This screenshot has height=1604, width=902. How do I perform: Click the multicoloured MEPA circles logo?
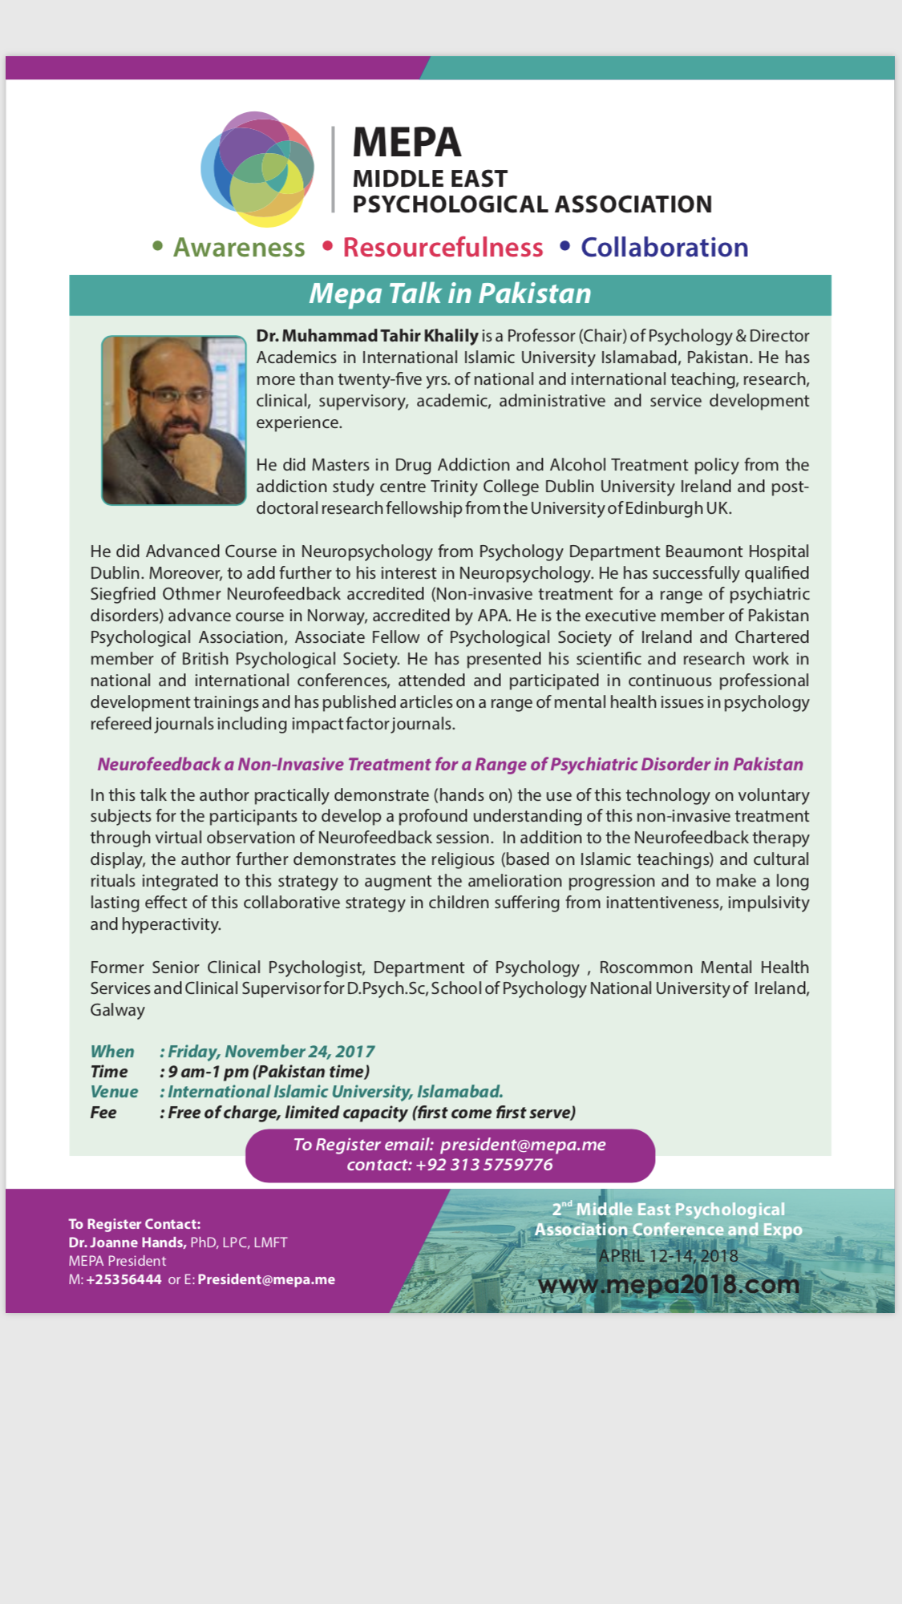click(x=257, y=168)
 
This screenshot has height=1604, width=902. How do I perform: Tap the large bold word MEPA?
click(x=407, y=143)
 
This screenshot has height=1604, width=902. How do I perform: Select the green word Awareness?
click(x=239, y=248)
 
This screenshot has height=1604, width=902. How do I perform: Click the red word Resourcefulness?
click(x=443, y=248)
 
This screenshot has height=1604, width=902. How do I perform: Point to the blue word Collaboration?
click(x=664, y=248)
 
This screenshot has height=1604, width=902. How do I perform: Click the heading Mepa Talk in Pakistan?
click(x=450, y=294)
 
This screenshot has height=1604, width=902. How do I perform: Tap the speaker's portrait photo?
click(x=174, y=420)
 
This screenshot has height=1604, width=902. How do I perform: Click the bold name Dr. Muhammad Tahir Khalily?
click(x=367, y=336)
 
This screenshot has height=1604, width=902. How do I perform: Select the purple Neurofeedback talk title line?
click(x=450, y=764)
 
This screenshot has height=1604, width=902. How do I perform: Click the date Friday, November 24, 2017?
click(x=271, y=1052)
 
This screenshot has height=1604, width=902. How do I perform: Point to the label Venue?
click(x=114, y=1092)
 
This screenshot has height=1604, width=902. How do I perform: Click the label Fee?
click(x=103, y=1113)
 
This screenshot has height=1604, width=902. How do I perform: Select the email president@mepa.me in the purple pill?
click(x=523, y=1145)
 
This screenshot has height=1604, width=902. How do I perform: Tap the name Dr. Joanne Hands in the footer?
click(x=127, y=1242)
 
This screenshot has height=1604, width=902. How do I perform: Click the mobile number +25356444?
click(x=123, y=1279)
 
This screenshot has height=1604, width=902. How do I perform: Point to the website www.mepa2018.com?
click(x=669, y=1284)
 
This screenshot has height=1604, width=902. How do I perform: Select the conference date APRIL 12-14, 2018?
click(x=668, y=1255)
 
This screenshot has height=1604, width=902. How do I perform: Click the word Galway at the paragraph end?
click(x=117, y=1010)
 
